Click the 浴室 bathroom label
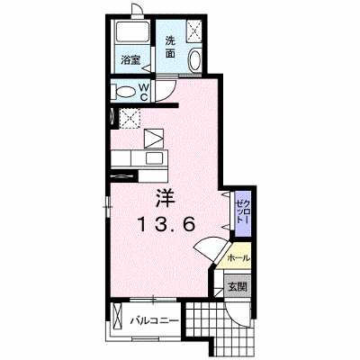[x=130, y=60]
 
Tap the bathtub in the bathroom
[x=132, y=31]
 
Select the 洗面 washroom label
[x=170, y=47]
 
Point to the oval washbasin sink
[x=195, y=59]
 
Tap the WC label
[x=144, y=92]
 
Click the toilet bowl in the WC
[x=125, y=92]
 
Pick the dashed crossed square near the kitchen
[x=130, y=118]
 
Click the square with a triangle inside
[x=154, y=139]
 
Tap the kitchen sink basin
[x=154, y=157]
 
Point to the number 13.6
[x=166, y=224]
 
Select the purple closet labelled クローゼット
[x=243, y=214]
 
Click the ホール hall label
[x=238, y=257]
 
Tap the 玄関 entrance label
[x=238, y=287]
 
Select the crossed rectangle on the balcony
[x=116, y=317]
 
